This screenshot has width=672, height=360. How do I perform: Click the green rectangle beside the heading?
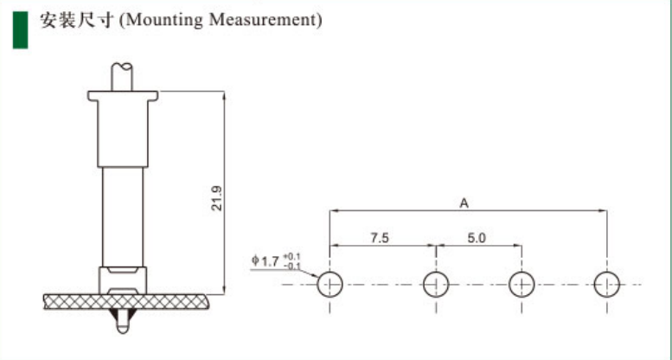pos(20,29)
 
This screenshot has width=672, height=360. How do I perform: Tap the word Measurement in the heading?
pos(262,19)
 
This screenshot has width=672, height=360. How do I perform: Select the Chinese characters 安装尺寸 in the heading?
pos(78,20)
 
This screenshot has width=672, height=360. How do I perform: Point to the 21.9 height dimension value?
pos(217,198)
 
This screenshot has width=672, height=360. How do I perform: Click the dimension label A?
pos(464,203)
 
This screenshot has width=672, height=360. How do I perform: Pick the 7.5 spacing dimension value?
pos(380,238)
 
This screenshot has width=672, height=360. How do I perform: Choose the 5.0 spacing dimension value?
pos(477,238)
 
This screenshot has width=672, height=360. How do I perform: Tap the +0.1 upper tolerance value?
pos(292,257)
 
